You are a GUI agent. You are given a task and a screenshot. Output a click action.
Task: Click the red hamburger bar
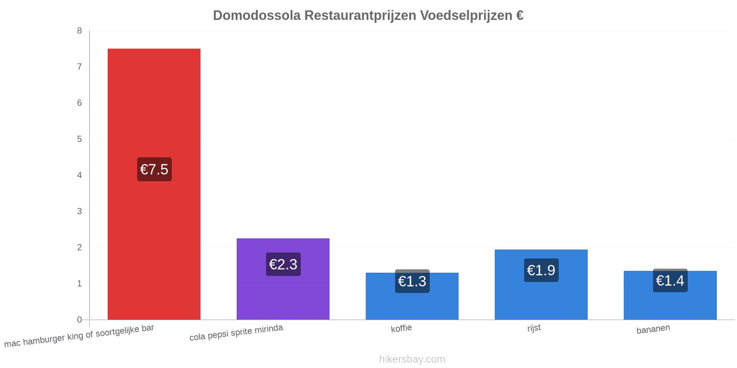154,184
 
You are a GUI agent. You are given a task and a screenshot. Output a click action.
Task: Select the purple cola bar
283,279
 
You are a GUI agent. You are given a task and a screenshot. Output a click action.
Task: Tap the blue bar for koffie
412,296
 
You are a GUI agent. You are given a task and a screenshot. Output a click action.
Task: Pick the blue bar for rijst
541,285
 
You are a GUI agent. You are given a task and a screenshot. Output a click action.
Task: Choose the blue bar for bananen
670,295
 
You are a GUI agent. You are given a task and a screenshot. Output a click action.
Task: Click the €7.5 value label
154,169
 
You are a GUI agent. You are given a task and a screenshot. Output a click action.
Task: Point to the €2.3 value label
283,264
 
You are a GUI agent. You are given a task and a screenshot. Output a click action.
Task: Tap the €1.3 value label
412,281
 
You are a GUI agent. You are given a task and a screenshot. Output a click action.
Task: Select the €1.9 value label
541,270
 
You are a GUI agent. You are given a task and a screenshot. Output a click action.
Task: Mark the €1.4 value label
670,280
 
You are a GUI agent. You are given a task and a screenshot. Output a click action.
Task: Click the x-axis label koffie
401,328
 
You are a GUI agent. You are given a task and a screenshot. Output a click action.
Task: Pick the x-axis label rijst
534,328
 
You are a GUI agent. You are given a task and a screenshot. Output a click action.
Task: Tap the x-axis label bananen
653,329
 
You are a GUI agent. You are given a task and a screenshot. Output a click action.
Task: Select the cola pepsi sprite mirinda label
236,332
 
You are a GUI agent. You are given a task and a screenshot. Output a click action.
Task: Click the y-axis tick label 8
79,30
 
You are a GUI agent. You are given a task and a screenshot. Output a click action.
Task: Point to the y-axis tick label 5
79,139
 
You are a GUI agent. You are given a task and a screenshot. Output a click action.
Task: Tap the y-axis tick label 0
79,320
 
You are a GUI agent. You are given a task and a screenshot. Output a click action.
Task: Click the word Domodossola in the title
257,16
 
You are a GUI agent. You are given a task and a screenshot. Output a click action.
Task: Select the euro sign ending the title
520,16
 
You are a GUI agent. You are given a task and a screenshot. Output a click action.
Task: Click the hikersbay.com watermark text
412,359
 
